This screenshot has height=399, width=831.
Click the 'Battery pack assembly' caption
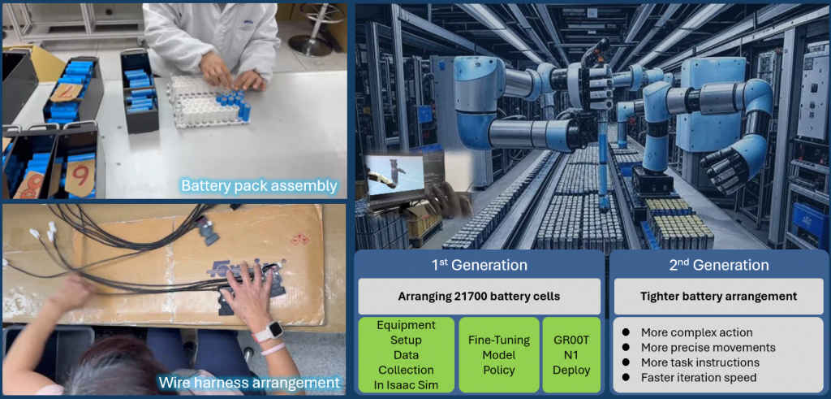point(259,186)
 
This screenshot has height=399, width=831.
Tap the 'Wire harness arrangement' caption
point(248,383)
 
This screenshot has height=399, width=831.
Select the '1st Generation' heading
point(479,265)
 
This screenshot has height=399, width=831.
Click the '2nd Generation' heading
point(719,265)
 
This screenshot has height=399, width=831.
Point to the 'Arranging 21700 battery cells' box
point(479,296)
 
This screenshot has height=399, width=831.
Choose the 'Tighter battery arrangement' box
point(719,296)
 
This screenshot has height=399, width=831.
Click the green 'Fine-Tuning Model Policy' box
point(499,355)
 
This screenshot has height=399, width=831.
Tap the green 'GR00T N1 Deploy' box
point(571,355)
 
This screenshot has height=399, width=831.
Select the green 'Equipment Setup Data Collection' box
point(407,355)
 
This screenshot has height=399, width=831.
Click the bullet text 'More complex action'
point(696,332)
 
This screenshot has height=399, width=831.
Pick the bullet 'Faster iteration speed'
point(699,378)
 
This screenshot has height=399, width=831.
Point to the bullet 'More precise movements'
point(708,348)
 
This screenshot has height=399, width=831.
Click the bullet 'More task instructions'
point(700,362)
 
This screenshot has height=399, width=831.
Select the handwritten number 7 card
point(67,92)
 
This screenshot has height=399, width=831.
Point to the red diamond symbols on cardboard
point(299,238)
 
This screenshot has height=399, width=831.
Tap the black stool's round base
point(310,44)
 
